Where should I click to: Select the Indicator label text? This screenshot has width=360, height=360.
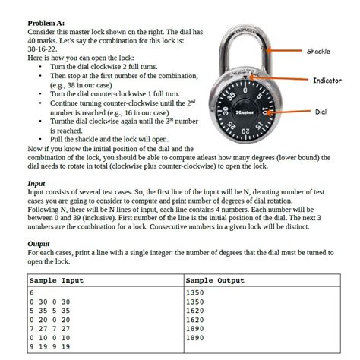click(327, 81)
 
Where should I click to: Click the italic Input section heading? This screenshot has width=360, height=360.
click(36, 183)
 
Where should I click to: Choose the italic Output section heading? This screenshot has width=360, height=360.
click(38, 244)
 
